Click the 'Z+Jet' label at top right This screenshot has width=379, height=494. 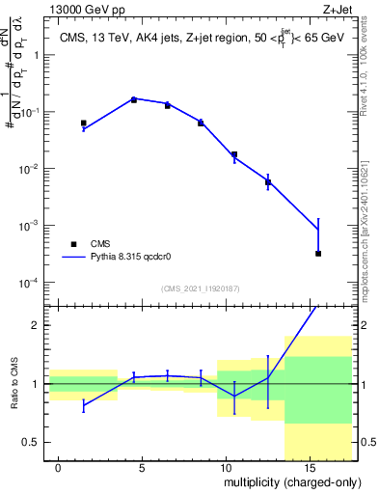pos(335,11)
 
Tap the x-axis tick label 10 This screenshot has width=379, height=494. pos(224,468)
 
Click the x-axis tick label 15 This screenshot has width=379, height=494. pos(307,468)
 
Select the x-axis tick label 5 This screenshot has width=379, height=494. pos(141,468)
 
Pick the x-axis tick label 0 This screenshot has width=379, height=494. pos(58,468)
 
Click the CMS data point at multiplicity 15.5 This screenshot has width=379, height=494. pos(318,254)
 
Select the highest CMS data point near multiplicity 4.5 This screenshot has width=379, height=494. pos(134,99)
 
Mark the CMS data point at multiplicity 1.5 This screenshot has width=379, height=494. pos(84,123)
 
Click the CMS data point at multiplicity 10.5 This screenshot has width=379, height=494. pos(234,154)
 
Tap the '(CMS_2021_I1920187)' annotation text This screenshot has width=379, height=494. pos(201,288)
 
